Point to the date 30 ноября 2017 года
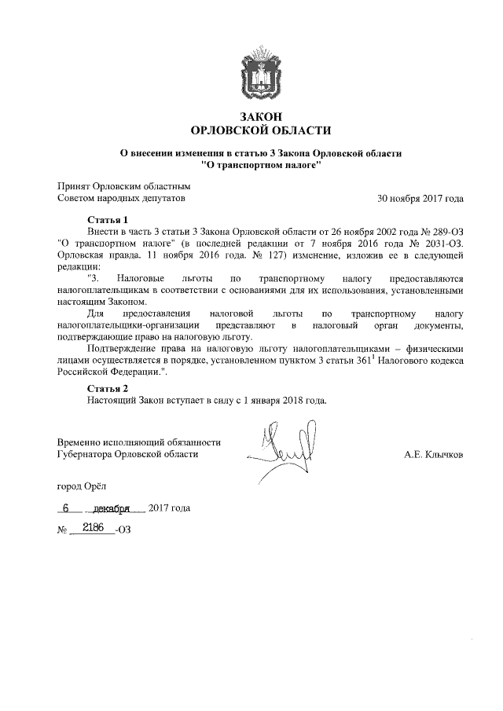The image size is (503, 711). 420,199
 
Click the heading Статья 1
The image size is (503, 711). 107,219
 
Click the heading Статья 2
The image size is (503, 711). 107,388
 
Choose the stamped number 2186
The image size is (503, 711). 94,528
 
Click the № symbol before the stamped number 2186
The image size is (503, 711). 63,530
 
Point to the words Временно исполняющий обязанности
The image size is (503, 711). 139,442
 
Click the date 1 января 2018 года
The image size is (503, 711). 282,400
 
